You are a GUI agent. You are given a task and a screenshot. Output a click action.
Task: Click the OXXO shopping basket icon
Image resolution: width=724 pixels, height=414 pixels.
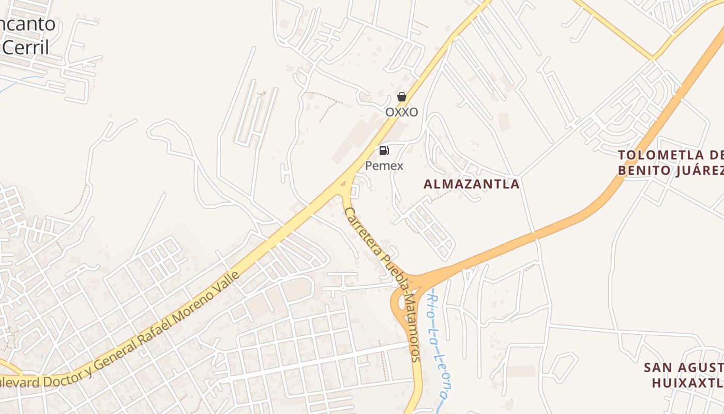(401, 97)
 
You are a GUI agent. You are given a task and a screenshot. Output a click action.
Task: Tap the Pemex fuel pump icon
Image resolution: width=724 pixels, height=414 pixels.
(384, 151)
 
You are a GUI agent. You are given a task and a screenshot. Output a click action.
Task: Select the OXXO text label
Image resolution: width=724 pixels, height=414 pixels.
(401, 112)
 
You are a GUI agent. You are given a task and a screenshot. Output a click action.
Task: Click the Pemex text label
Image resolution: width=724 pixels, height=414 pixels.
(384, 166)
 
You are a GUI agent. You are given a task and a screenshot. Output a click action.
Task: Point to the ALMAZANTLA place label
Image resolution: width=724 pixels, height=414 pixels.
(471, 184)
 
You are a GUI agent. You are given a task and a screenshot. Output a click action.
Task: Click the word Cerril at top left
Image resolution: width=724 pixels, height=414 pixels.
(26, 48)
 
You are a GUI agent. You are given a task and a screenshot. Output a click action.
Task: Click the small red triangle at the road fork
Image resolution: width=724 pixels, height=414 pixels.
(343, 183)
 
